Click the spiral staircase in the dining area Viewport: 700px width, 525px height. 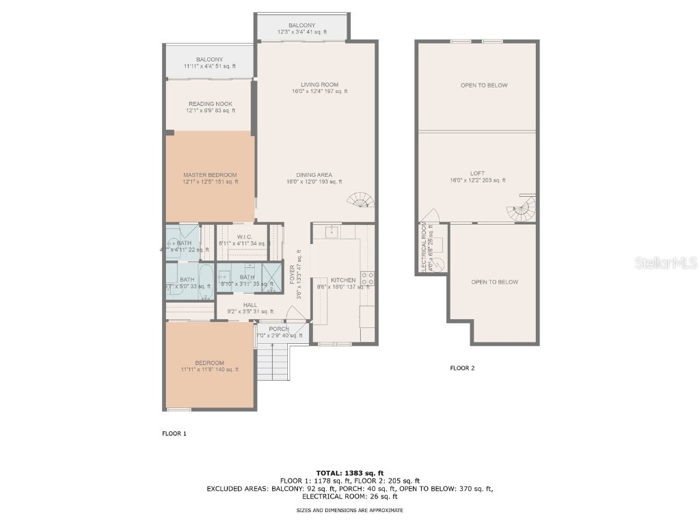pos(361,200)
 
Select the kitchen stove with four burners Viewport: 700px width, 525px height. pos(367,278)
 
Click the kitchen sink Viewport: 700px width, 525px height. pos(332,232)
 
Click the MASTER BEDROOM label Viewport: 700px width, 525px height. pos(210,175)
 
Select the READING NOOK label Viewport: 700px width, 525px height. pos(210,104)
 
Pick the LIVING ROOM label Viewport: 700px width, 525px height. pos(315,84)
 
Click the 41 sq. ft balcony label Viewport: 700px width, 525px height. pos(301,25)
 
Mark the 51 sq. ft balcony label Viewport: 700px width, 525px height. pos(209,59)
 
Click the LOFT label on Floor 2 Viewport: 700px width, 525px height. pos(477,174)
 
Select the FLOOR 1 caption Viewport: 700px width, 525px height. pos(174,433)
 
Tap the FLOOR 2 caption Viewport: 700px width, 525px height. pos(461,368)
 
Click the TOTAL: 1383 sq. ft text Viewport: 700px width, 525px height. pos(349,473)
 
